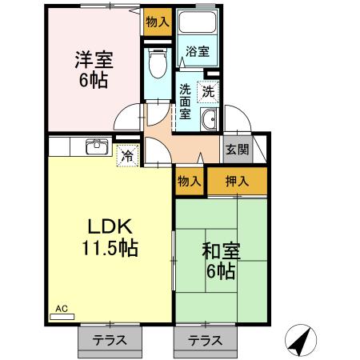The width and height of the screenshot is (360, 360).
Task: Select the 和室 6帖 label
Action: tap(218, 261)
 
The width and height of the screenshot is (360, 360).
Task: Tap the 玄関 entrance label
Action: tap(237, 150)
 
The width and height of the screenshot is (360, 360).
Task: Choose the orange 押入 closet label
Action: tap(235, 181)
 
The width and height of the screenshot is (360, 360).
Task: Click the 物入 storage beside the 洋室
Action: tap(157, 22)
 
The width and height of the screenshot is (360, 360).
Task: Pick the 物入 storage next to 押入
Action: tap(189, 181)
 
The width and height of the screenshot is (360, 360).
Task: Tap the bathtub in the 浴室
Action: tap(198, 25)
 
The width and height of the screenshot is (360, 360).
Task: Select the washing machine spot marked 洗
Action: tap(208, 90)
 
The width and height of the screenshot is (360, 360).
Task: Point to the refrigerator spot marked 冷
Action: tap(127, 155)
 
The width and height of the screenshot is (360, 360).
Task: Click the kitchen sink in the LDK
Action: tap(98, 146)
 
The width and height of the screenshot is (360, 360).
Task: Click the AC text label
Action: tap(62, 307)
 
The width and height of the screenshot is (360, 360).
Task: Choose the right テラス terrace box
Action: tap(205, 339)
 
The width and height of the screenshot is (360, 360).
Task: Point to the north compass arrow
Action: tap(300, 342)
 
